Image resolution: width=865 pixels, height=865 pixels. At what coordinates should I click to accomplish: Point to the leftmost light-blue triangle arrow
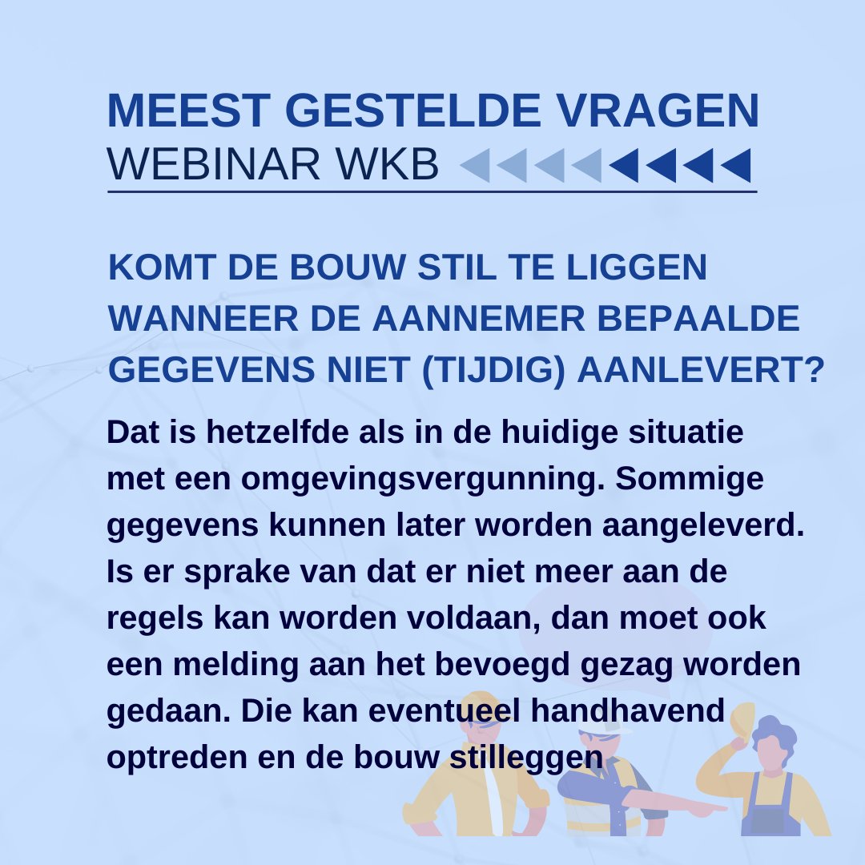tap(475, 166)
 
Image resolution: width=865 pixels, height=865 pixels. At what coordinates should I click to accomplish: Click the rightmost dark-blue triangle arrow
tap(736, 166)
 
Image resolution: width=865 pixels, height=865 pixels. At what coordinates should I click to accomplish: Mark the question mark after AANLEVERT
tap(815, 369)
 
